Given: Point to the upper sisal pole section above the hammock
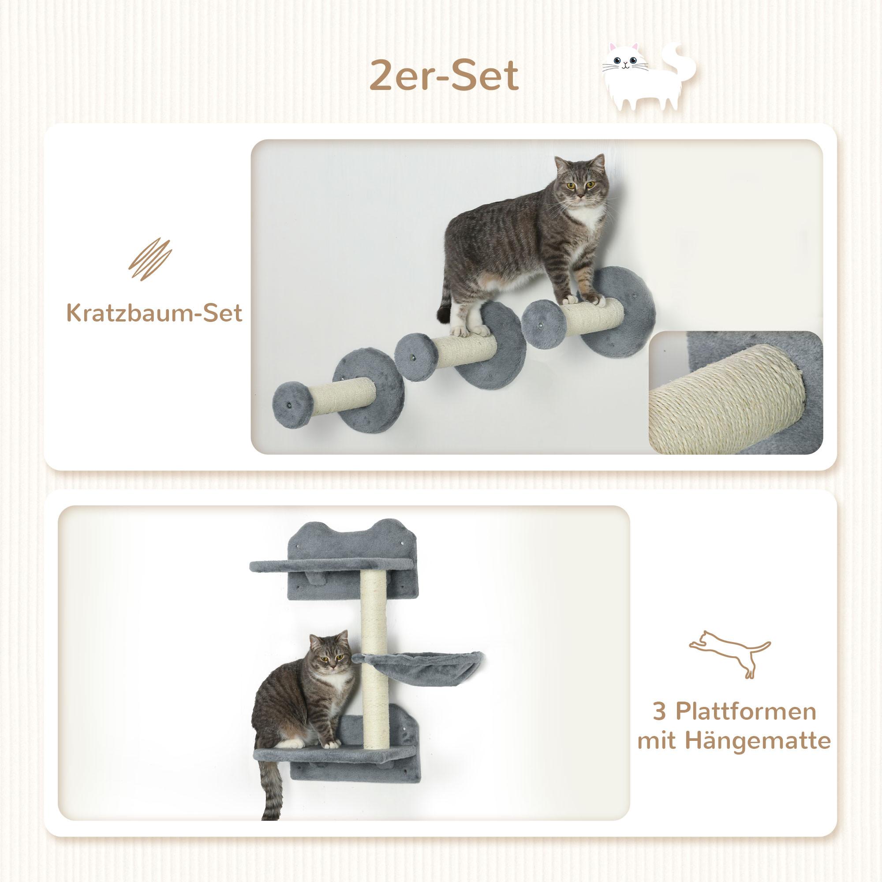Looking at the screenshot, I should [x=374, y=612].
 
